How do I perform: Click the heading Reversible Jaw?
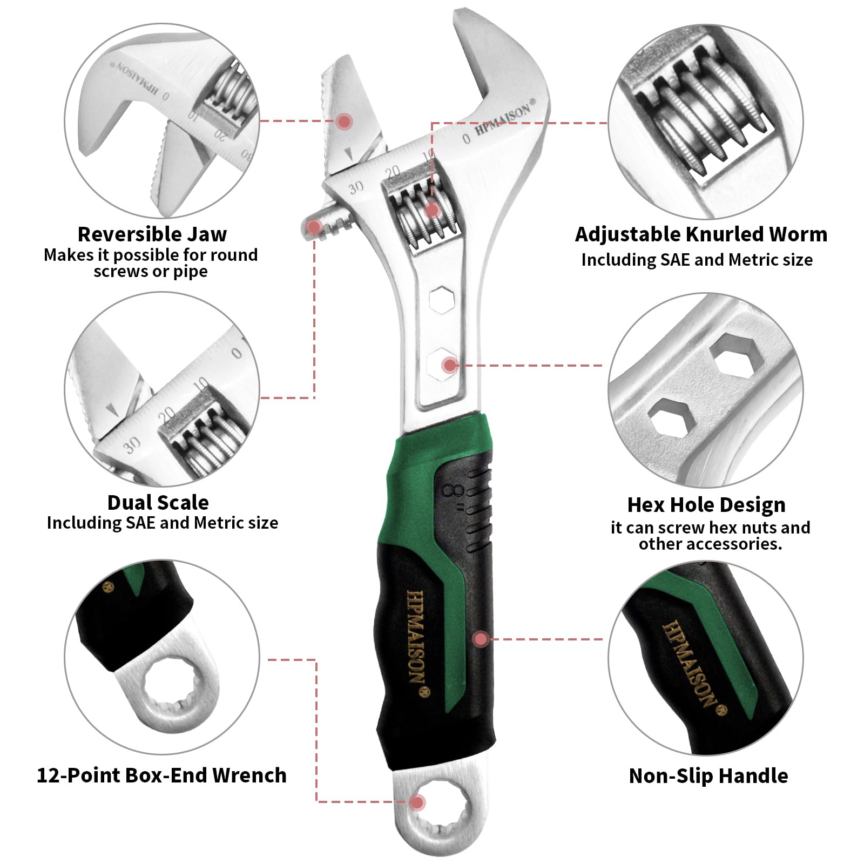(152, 234)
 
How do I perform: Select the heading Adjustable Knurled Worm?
(701, 234)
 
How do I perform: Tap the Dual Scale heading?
(158, 502)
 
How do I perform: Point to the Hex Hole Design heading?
(706, 505)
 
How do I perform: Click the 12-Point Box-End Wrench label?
(161, 775)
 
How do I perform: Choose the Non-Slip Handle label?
(708, 775)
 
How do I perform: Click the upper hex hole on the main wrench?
(442, 300)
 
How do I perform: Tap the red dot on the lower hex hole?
(449, 366)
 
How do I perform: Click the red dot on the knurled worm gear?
(432, 210)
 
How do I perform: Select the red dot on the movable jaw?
(344, 121)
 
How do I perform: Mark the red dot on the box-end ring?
(416, 802)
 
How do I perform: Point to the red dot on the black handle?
(481, 639)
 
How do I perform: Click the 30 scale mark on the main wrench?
(356, 187)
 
